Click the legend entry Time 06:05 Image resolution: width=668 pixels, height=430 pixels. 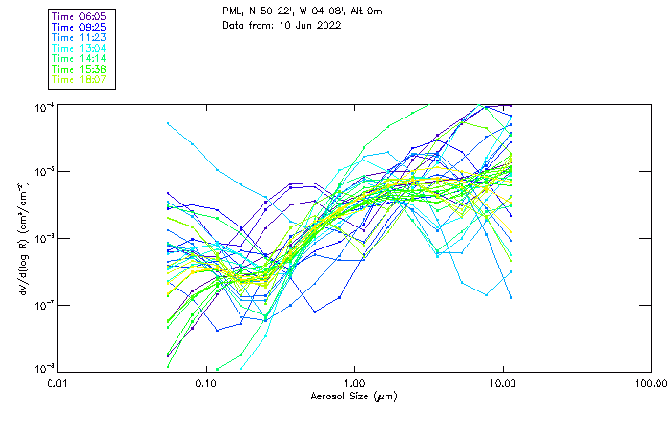(x=80, y=16)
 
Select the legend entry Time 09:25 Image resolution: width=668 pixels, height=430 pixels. (x=80, y=27)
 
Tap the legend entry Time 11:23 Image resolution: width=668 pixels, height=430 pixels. (x=80, y=37)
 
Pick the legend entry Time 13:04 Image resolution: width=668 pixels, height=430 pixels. (x=80, y=48)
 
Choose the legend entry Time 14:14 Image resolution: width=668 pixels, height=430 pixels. (x=80, y=58)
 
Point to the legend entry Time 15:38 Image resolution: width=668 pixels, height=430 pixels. (x=80, y=69)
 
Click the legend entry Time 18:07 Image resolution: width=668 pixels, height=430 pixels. (x=80, y=79)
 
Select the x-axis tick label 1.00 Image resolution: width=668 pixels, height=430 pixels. (x=355, y=384)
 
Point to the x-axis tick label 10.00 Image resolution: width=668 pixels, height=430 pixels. (x=503, y=384)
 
